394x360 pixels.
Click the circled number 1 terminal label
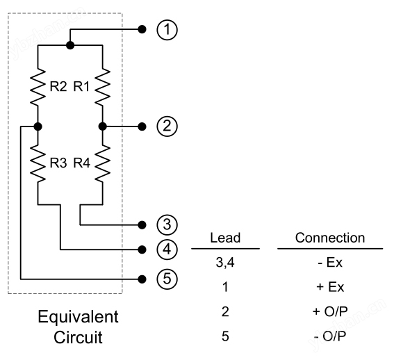(167, 30)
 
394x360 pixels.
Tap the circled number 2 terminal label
(167, 126)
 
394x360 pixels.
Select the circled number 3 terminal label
(167, 224)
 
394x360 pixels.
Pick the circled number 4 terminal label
(167, 249)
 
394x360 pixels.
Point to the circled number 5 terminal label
(167, 279)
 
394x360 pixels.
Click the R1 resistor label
(81, 87)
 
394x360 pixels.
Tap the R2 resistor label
(58, 87)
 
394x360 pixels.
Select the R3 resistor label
(58, 163)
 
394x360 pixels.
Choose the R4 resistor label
(82, 163)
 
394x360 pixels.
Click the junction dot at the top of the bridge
(70, 45)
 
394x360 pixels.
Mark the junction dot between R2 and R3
(38, 126)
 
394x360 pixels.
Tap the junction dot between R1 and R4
(103, 126)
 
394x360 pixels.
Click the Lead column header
(225, 238)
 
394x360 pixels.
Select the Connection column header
(330, 238)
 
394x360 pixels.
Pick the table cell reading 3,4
(225, 263)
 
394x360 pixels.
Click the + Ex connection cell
(330, 287)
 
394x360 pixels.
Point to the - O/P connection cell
(330, 336)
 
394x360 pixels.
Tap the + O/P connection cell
(330, 311)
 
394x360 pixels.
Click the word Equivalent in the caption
(78, 318)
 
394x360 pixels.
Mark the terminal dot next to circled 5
(142, 279)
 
